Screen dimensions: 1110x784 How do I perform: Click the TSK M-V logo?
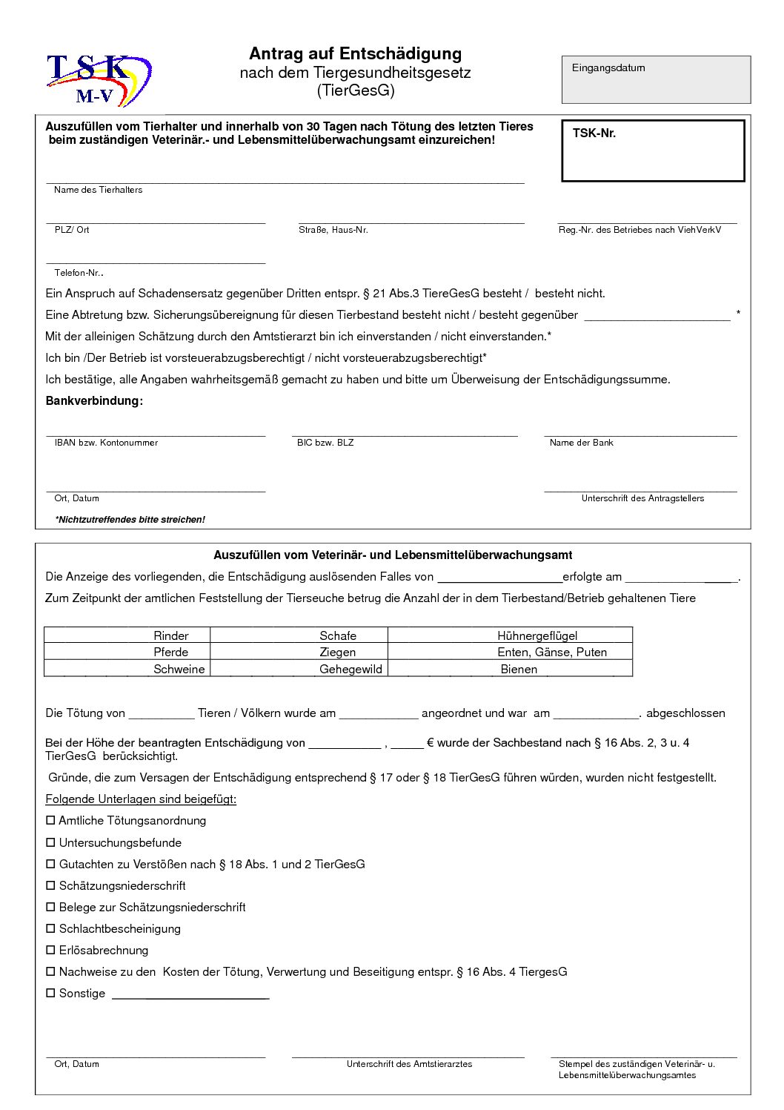tap(99, 80)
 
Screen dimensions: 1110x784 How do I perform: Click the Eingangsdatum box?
tap(656, 79)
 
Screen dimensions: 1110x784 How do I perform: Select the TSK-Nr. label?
tap(594, 133)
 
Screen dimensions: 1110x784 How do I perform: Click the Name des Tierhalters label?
tap(98, 190)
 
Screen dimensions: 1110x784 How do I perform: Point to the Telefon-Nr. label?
tap(79, 273)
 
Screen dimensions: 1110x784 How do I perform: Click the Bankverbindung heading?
tap(94, 401)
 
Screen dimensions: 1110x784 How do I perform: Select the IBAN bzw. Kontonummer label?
tap(106, 443)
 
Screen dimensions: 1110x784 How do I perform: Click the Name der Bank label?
tap(582, 443)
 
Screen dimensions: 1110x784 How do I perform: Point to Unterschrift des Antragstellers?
tap(642, 498)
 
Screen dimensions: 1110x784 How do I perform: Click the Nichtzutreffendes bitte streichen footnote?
tap(130, 520)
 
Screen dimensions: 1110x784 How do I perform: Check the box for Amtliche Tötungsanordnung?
tap(51, 821)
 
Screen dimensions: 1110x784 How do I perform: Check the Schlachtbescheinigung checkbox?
tap(51, 929)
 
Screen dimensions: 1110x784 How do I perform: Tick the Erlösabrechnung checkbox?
tap(51, 951)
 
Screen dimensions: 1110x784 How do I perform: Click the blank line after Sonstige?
tap(190, 995)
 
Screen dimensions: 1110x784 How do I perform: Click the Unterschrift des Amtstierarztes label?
tap(409, 1064)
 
